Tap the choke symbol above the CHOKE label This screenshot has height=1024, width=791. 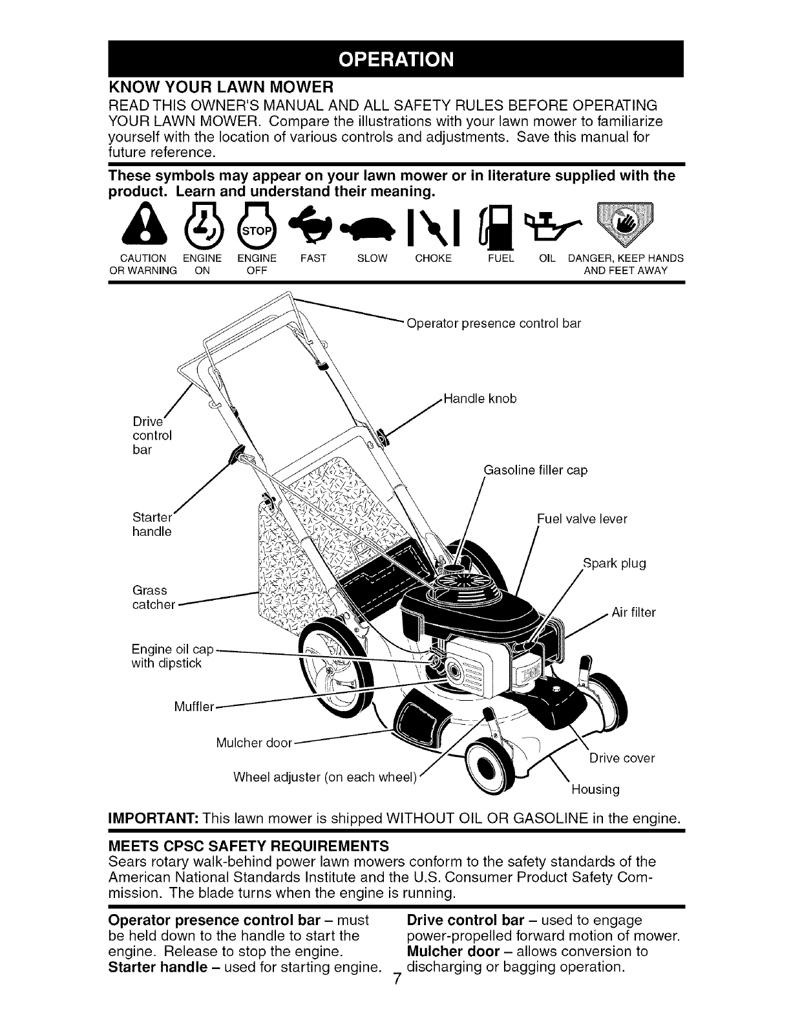tap(432, 228)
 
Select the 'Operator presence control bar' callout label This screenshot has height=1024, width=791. tap(494, 323)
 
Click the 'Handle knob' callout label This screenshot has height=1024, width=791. tap(481, 399)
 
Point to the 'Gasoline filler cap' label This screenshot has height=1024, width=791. tap(536, 470)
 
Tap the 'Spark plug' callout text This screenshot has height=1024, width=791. tap(615, 563)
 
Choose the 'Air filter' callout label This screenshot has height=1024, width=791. tap(634, 612)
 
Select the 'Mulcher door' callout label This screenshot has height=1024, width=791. tap(254, 741)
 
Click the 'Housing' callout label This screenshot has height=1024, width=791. tap(595, 789)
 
